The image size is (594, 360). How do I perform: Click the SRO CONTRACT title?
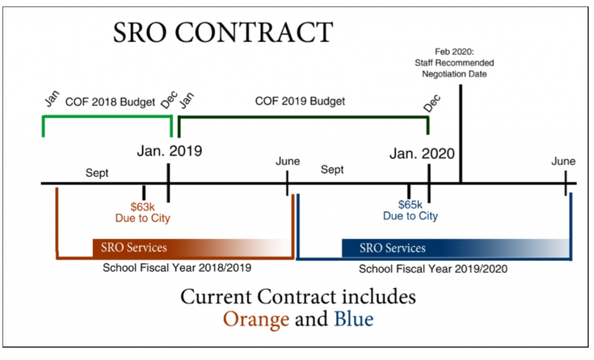tap(223, 32)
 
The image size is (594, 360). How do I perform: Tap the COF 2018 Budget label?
tap(110, 102)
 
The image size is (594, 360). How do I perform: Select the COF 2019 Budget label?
tap(300, 101)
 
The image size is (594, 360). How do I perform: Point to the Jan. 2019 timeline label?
tap(169, 151)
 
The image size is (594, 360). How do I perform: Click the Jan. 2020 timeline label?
tap(422, 153)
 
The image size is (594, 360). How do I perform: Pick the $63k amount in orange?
tap(143, 207)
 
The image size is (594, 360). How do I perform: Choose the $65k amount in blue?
tap(410, 205)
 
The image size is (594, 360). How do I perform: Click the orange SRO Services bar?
tap(192, 248)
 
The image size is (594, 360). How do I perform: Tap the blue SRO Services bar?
tap(456, 248)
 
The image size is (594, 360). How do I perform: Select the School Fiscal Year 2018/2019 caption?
tap(177, 268)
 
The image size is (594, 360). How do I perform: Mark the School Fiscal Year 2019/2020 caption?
tap(433, 269)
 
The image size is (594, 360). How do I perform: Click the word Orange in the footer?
tap(256, 319)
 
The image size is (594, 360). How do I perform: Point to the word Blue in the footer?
tap(354, 319)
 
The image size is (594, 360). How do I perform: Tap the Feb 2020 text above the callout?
tap(454, 52)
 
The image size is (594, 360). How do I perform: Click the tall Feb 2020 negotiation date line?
tap(461, 134)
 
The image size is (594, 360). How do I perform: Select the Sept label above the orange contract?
tap(97, 173)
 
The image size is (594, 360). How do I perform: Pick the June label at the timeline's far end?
tap(563, 161)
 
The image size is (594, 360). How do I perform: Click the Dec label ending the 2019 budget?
tap(432, 103)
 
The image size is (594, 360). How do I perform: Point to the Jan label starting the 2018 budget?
tap(52, 99)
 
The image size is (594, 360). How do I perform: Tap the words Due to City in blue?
tap(410, 216)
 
